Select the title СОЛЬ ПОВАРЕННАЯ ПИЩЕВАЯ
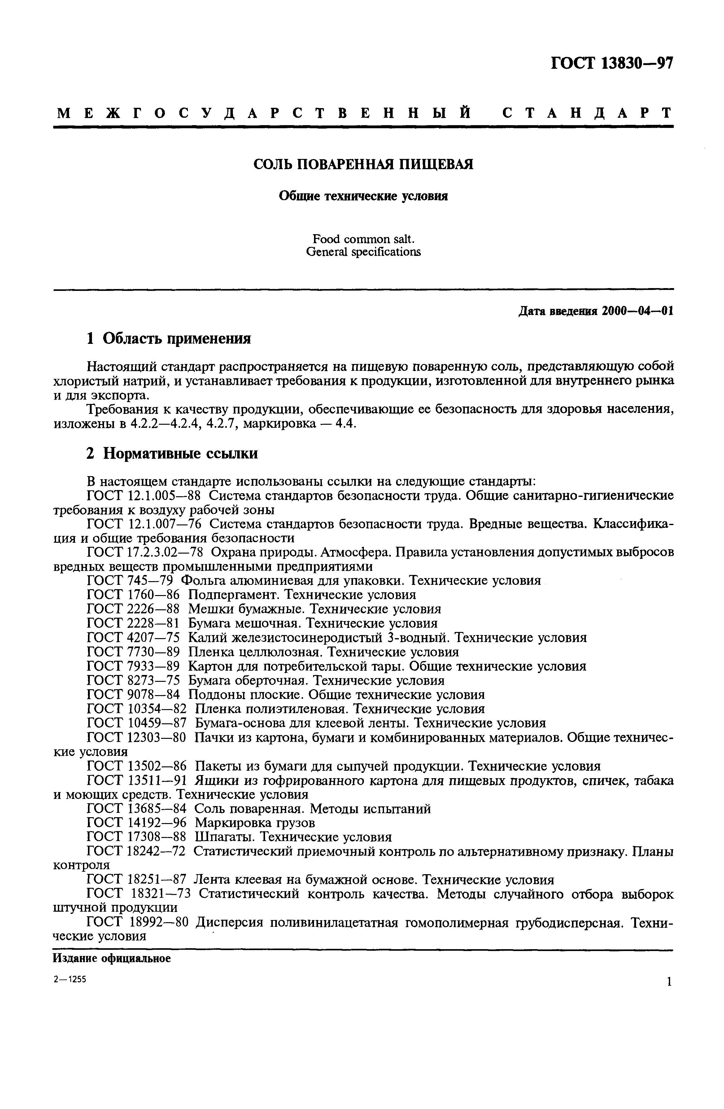(363, 164)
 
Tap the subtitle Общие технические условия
(363, 196)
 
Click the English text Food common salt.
(363, 239)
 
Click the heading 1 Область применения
(169, 338)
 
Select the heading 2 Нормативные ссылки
(172, 453)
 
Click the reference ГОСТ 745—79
(130, 581)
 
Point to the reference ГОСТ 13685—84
(137, 809)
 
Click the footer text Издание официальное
(112, 958)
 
